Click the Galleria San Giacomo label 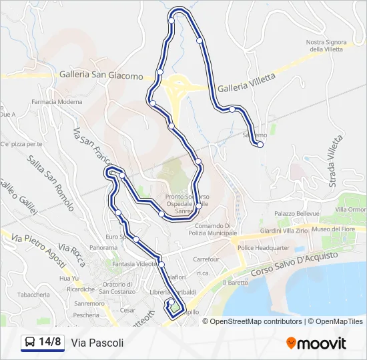(101, 75)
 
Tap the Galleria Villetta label (246, 83)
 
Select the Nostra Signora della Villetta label (326, 45)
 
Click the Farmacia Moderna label (57, 102)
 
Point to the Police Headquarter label (263, 247)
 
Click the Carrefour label (206, 259)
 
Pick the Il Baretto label (237, 283)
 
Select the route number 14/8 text (50, 343)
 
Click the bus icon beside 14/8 (30, 343)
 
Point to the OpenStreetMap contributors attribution (256, 321)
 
